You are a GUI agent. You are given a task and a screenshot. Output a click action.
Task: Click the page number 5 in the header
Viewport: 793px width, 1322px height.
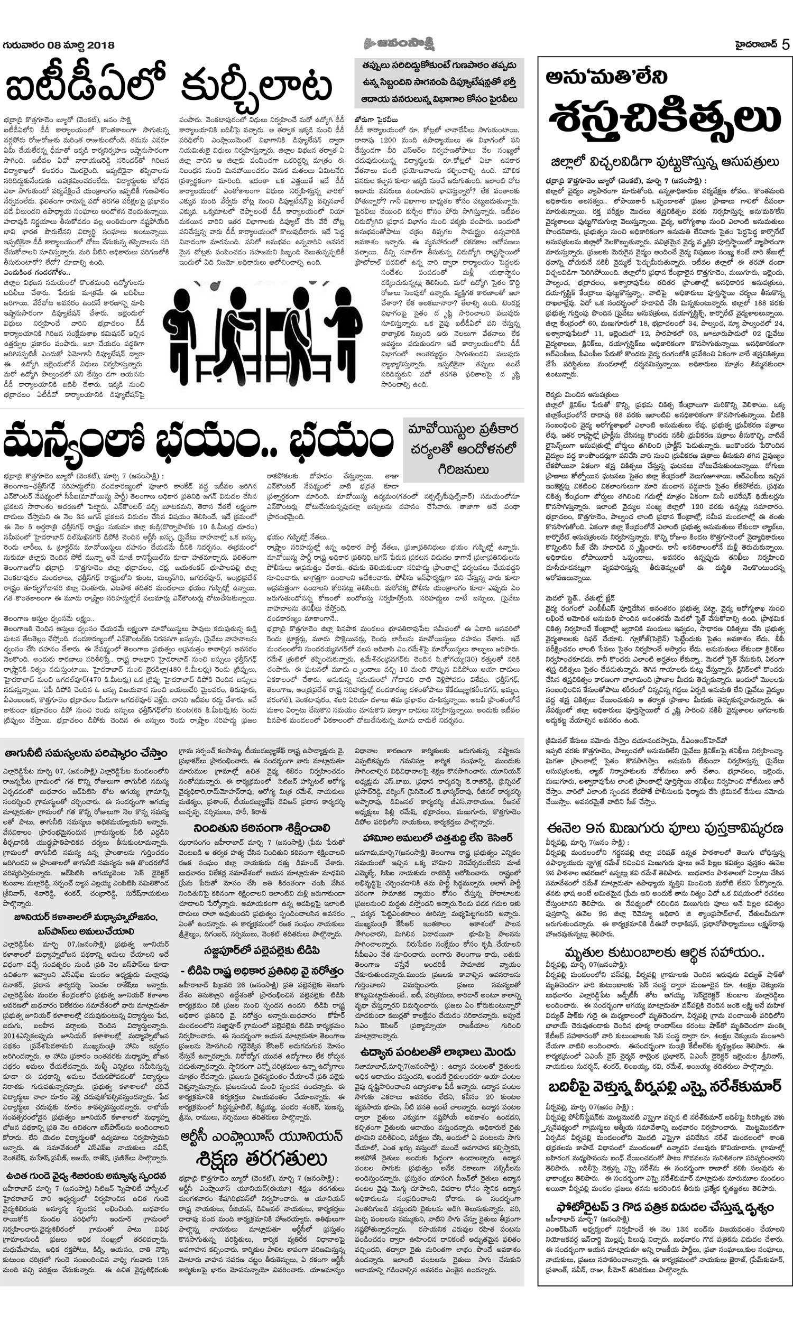pyautogui.click(x=785, y=44)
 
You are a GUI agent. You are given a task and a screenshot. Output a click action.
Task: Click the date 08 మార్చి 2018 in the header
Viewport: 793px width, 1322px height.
pyautogui.click(x=81, y=45)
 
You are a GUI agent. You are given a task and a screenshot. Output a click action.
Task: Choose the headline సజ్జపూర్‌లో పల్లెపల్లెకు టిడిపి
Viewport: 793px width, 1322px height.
pyautogui.click(x=262, y=950)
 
